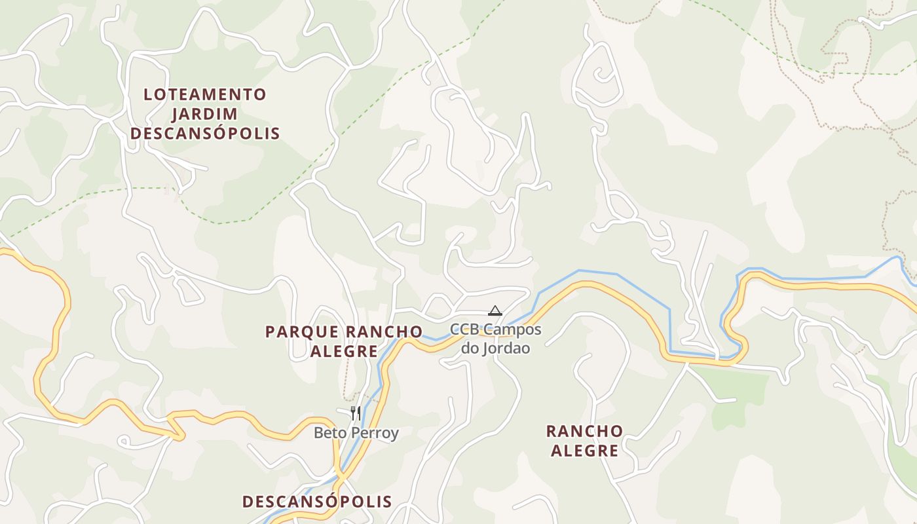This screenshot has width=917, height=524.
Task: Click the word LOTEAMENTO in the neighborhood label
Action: point(204,94)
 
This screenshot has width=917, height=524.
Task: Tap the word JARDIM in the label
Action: point(204,114)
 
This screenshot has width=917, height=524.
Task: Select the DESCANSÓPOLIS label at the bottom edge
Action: point(317,502)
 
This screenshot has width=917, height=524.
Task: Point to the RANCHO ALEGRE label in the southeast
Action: point(584,441)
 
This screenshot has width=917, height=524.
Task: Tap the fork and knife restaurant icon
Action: point(355,413)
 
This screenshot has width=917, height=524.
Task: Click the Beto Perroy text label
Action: point(356,433)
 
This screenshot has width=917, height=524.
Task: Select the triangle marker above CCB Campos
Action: point(495,310)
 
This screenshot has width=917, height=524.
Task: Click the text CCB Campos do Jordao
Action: point(495,338)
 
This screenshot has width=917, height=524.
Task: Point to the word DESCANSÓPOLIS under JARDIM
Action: point(204,134)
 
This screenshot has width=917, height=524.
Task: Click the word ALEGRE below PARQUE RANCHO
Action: point(344,352)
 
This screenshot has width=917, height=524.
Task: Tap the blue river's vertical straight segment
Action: point(669,331)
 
